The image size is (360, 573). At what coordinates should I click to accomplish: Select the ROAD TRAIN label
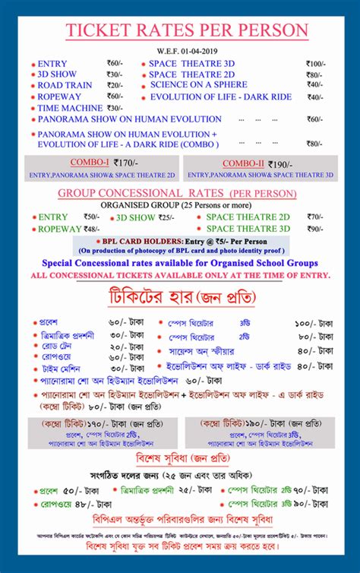click(65, 86)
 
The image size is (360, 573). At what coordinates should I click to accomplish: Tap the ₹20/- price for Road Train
click(115, 86)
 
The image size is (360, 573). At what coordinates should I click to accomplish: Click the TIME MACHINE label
click(70, 108)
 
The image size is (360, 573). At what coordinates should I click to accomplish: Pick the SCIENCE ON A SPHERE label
click(198, 85)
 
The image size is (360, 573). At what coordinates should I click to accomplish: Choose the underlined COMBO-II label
click(243, 163)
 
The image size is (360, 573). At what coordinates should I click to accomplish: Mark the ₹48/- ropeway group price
click(91, 228)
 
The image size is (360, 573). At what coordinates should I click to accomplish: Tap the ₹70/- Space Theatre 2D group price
click(314, 217)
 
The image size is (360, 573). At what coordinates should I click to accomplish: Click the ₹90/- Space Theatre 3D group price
click(314, 228)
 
